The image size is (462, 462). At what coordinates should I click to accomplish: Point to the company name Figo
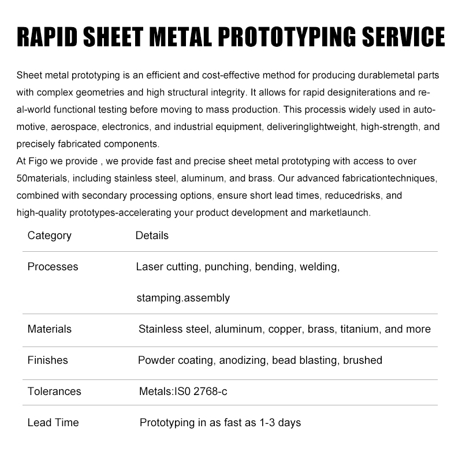(x=38, y=161)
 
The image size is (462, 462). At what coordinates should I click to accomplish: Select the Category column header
(x=50, y=235)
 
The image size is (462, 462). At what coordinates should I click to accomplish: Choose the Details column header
(x=152, y=235)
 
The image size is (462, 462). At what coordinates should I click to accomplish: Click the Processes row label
(x=53, y=267)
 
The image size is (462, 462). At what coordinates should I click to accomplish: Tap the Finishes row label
(x=47, y=360)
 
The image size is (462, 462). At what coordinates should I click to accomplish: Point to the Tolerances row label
(x=54, y=392)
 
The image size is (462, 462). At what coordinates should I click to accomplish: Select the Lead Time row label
(x=53, y=423)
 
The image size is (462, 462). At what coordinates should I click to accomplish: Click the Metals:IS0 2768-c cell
(x=183, y=392)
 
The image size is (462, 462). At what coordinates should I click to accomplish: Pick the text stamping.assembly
(x=183, y=298)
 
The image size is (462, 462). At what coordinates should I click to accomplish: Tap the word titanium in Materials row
(x=359, y=329)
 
